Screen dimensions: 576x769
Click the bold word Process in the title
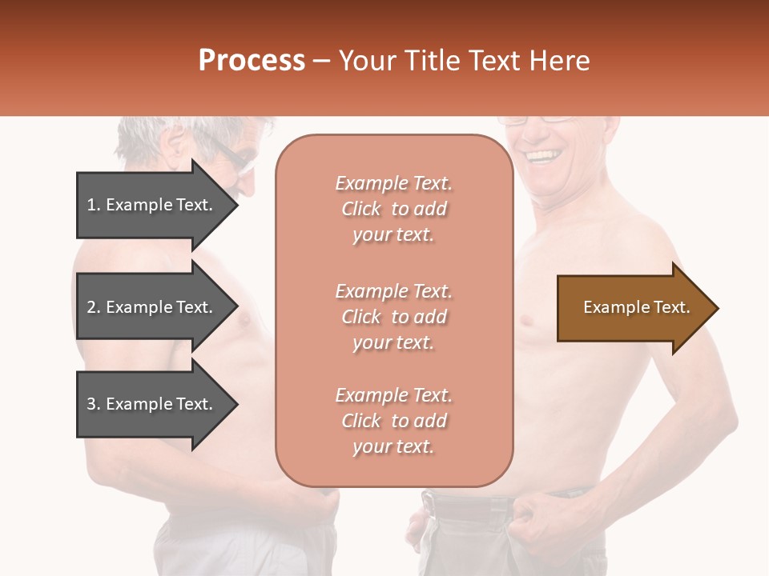[x=252, y=60]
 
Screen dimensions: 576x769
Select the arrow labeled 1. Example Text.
[x=152, y=205]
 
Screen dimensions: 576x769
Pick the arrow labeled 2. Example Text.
[x=152, y=307]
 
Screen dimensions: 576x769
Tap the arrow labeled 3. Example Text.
[x=152, y=404]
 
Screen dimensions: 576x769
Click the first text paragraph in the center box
[x=393, y=209]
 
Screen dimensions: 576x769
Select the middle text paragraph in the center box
[x=393, y=317]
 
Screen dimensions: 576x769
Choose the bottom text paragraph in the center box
[x=393, y=421]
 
